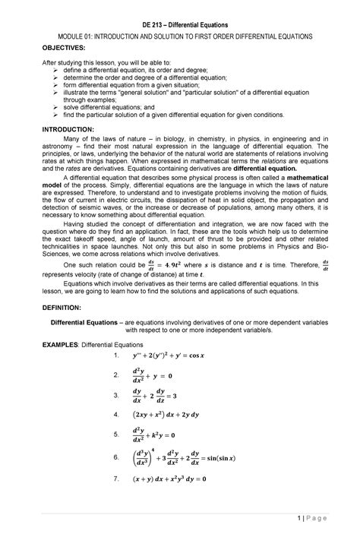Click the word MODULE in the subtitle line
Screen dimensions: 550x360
tap(65, 36)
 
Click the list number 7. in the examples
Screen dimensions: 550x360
tap(115, 480)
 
